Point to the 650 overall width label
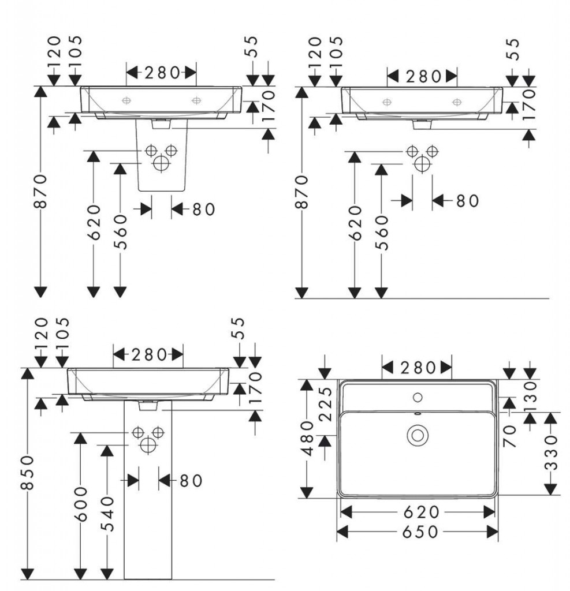coord(417,531)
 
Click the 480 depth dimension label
coord(308,438)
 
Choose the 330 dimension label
coord(553,453)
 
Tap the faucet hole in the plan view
coord(418,397)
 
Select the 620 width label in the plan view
coord(416,512)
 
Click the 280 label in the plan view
coord(417,367)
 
